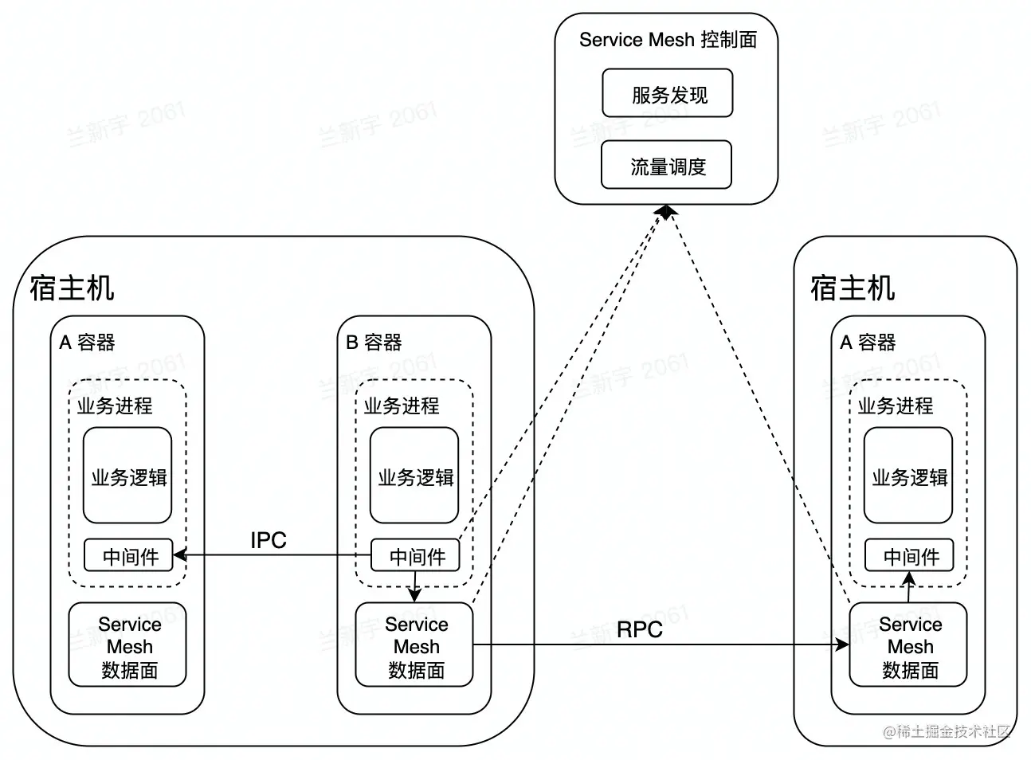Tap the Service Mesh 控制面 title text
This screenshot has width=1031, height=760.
pyautogui.click(x=667, y=40)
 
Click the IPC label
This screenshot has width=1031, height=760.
pyautogui.click(x=268, y=540)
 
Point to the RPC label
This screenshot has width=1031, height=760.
pyautogui.click(x=639, y=629)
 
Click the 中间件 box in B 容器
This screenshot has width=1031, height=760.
pyautogui.click(x=415, y=556)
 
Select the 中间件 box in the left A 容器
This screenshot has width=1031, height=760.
pyautogui.click(x=129, y=556)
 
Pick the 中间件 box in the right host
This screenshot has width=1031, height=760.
pyautogui.click(x=909, y=556)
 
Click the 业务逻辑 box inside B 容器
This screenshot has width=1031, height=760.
pyautogui.click(x=414, y=476)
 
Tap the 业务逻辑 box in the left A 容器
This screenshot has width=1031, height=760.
pyautogui.click(x=127, y=476)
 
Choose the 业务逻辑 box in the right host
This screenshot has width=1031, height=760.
pyautogui.click(x=908, y=476)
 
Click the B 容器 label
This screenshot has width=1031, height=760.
pyautogui.click(x=373, y=343)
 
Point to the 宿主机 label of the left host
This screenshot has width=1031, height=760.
pyautogui.click(x=72, y=288)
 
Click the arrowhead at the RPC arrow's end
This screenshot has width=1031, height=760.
pyautogui.click(x=843, y=644)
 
